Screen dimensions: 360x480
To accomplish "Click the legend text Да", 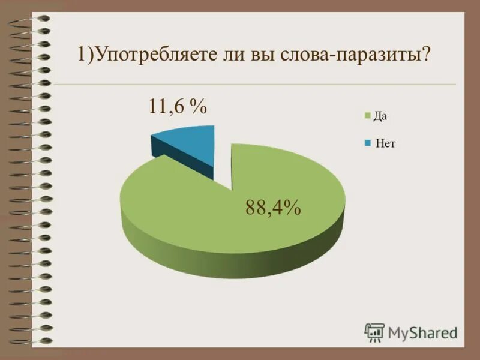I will coord(380,116).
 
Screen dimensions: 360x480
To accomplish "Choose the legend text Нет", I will coord(386,143).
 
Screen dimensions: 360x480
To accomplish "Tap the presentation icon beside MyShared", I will coord(374,332).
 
